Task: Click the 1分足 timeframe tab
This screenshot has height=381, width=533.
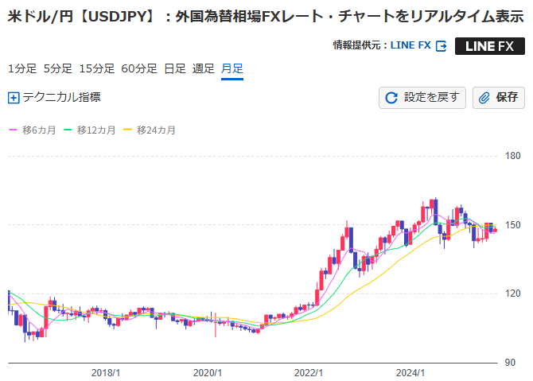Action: (x=22, y=68)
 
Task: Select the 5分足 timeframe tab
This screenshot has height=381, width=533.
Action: (x=58, y=68)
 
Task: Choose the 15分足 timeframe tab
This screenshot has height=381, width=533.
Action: (x=97, y=68)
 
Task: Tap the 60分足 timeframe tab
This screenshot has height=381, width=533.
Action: (x=139, y=68)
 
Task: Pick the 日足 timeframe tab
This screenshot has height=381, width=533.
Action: (x=175, y=68)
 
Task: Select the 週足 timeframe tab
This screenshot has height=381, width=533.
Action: (x=204, y=68)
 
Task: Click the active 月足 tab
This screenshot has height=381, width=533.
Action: (x=232, y=68)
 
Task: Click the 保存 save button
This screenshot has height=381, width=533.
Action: (x=499, y=98)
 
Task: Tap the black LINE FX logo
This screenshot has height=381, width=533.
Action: (x=489, y=46)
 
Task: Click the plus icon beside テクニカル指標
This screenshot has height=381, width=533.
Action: (x=13, y=98)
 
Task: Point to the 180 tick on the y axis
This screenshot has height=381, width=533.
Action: (x=513, y=156)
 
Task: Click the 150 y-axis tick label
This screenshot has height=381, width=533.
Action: (x=513, y=225)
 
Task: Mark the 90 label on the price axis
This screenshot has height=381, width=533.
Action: (x=511, y=364)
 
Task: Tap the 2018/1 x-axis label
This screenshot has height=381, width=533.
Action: (x=106, y=372)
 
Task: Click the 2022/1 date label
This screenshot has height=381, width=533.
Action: (x=308, y=372)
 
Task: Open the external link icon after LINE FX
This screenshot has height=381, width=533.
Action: (x=440, y=46)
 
